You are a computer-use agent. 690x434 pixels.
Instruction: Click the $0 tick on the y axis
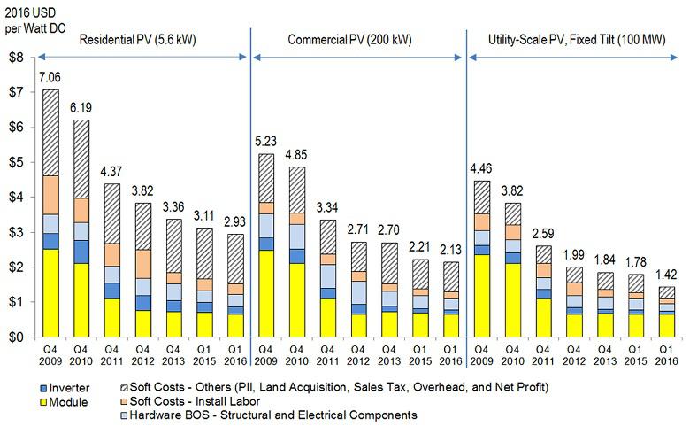(15, 337)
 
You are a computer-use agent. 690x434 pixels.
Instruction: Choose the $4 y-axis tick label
(15, 198)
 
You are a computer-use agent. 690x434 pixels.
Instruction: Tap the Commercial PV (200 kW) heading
(350, 41)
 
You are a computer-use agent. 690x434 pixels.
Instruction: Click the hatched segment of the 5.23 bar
(265, 177)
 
